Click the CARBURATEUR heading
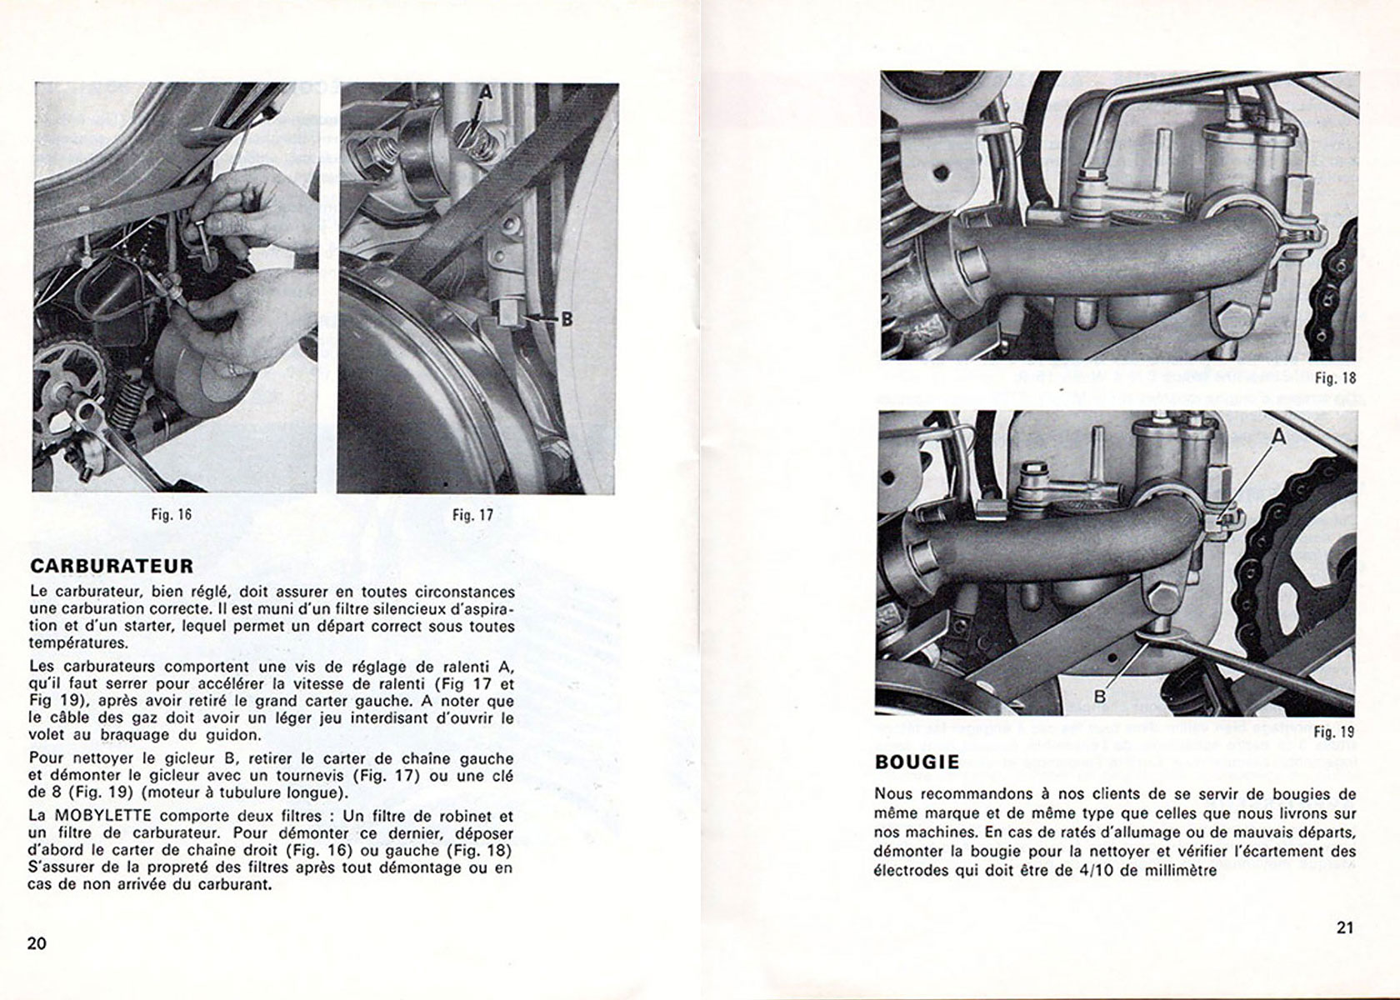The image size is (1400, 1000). (112, 566)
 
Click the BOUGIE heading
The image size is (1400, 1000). (917, 762)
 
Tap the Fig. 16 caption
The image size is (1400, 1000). (172, 514)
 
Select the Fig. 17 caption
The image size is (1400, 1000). (473, 515)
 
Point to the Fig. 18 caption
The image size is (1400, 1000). (1336, 378)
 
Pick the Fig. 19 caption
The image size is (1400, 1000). (1334, 732)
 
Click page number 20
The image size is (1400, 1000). (37, 943)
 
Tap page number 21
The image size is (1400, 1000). (1345, 927)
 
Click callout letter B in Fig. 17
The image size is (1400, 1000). (567, 319)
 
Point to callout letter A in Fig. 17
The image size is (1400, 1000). (487, 93)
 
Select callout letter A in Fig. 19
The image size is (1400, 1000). (1279, 437)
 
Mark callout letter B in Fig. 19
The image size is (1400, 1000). (1100, 697)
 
